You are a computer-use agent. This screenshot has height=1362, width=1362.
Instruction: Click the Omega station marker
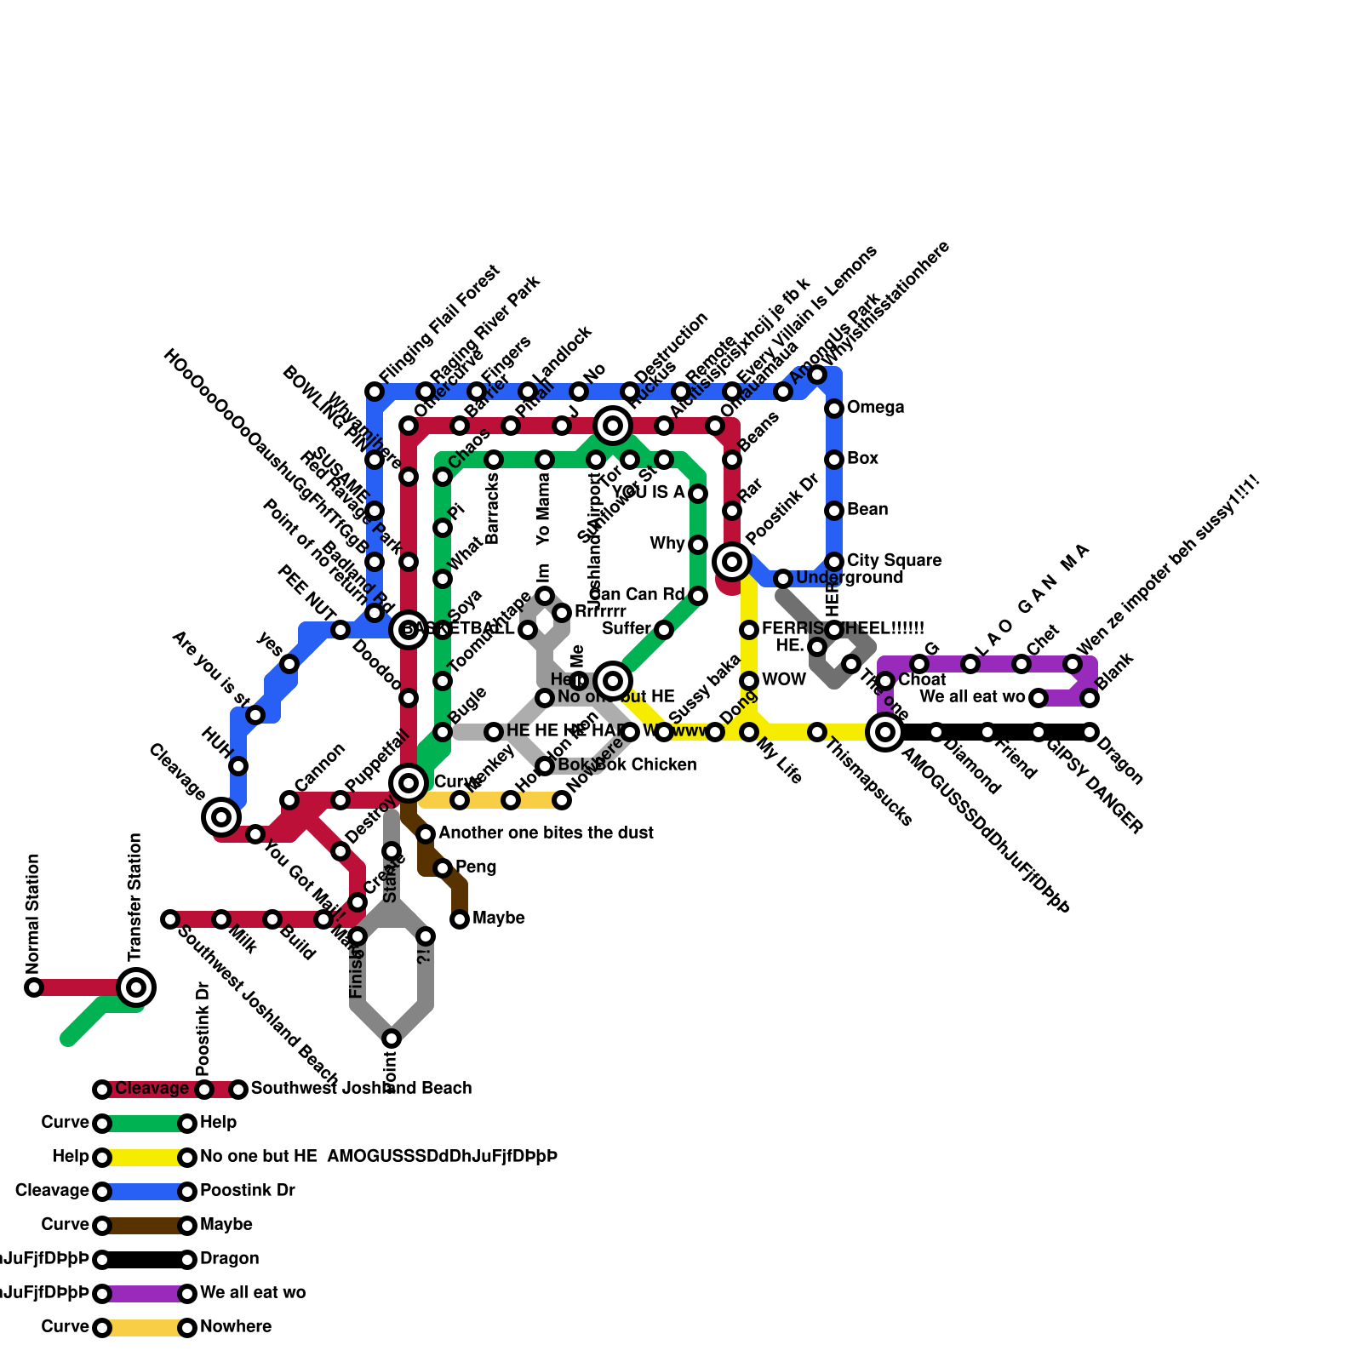coord(834,409)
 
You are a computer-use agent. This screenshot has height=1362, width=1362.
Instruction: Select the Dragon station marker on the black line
coord(1090,732)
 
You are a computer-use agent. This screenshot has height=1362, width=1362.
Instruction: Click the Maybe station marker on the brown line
coord(460,919)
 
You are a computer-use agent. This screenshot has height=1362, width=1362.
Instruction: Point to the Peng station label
coord(476,867)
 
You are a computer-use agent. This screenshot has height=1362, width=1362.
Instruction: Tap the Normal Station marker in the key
coord(34,987)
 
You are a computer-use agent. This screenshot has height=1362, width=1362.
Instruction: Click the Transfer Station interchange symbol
coord(136,987)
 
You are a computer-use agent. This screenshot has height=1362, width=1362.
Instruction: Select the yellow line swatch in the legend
coord(145,1158)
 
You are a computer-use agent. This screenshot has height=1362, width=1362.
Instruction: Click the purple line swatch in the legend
coord(145,1294)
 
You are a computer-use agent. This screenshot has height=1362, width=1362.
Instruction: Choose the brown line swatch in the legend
coord(145,1226)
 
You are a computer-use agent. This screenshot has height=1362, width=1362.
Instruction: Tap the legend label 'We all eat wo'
coord(253,1293)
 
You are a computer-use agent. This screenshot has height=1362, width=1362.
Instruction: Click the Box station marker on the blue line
coord(834,460)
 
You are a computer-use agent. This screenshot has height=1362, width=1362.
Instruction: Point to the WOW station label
coord(784,680)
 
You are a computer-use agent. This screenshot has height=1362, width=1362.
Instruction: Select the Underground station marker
coord(783,579)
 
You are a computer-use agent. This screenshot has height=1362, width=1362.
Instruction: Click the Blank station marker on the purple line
coord(1090,698)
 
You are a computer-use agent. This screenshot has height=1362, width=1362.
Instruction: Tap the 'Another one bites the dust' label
coord(546,833)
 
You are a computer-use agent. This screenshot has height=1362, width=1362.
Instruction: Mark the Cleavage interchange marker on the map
coord(221,817)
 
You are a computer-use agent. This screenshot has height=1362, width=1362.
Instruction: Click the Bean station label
coord(867,510)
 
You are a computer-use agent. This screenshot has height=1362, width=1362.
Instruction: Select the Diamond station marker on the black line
coord(936,732)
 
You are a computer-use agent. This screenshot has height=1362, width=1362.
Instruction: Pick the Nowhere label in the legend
coord(236,1327)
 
